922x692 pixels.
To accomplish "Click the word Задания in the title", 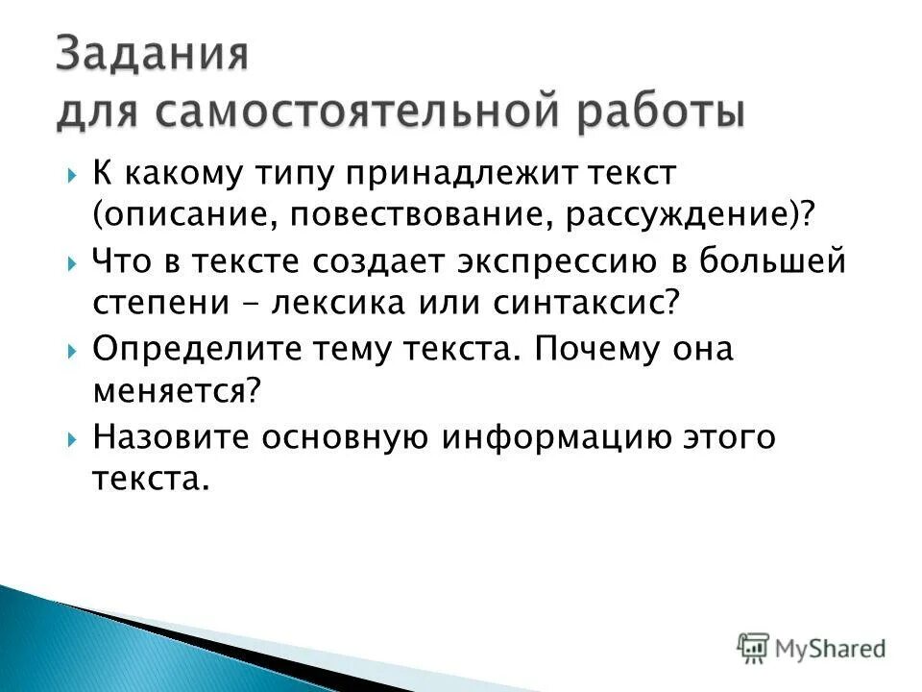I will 152,56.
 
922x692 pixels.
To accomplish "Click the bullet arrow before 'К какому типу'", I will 73,178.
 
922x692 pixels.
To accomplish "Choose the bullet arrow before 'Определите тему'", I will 73,352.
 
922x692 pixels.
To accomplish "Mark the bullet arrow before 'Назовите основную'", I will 73,439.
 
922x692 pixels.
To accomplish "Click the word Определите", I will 191,350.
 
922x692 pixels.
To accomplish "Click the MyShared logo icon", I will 753,647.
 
